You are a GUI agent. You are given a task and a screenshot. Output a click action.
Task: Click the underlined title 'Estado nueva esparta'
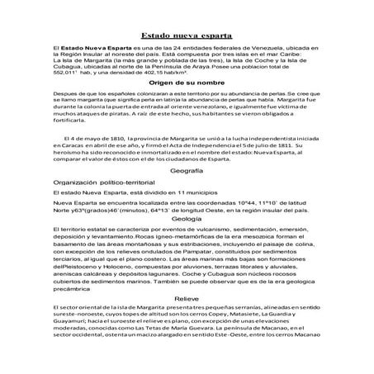pyautogui.click(x=187, y=36)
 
